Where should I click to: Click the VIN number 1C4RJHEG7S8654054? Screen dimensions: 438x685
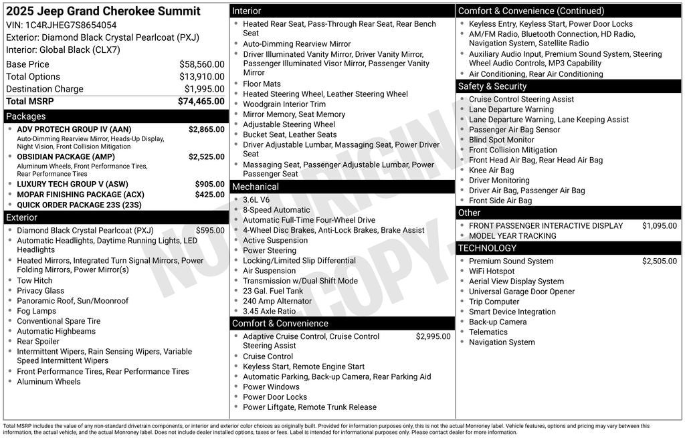pyautogui.click(x=70, y=25)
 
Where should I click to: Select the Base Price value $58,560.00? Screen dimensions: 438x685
pyautogui.click(x=201, y=64)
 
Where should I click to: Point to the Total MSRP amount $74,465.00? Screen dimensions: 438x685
pyautogui.click(x=201, y=102)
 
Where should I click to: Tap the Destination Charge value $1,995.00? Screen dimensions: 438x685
pyautogui.click(x=204, y=89)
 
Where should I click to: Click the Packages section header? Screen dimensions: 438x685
pyautogui.click(x=26, y=116)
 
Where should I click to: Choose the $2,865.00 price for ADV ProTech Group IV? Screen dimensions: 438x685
pyautogui.click(x=206, y=130)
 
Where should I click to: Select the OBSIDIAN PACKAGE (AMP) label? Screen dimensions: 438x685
pyautogui.click(x=66, y=157)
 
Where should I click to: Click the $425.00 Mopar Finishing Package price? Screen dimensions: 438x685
pyautogui.click(x=209, y=195)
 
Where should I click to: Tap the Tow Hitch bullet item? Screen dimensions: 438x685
pyautogui.click(x=34, y=281)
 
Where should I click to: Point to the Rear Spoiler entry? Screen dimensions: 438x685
pyautogui.click(x=38, y=342)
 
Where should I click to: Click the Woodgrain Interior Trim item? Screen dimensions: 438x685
pyautogui.click(x=284, y=104)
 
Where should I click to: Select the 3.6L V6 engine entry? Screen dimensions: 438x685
pyautogui.click(x=256, y=200)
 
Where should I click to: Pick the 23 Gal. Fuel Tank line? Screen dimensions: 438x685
pyautogui.click(x=273, y=291)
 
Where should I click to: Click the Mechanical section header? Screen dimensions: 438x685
pyautogui.click(x=256, y=187)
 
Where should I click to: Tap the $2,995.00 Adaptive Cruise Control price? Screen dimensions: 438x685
pyautogui.click(x=433, y=336)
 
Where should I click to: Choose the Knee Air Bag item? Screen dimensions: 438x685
pyautogui.click(x=492, y=171)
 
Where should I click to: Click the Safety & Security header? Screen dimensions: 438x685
pyautogui.click(x=492, y=86)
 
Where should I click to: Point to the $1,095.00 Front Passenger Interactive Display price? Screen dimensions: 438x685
pyautogui.click(x=659, y=226)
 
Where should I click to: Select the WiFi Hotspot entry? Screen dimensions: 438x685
pyautogui.click(x=492, y=271)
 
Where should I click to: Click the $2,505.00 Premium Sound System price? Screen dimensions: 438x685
pyautogui.click(x=659, y=261)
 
